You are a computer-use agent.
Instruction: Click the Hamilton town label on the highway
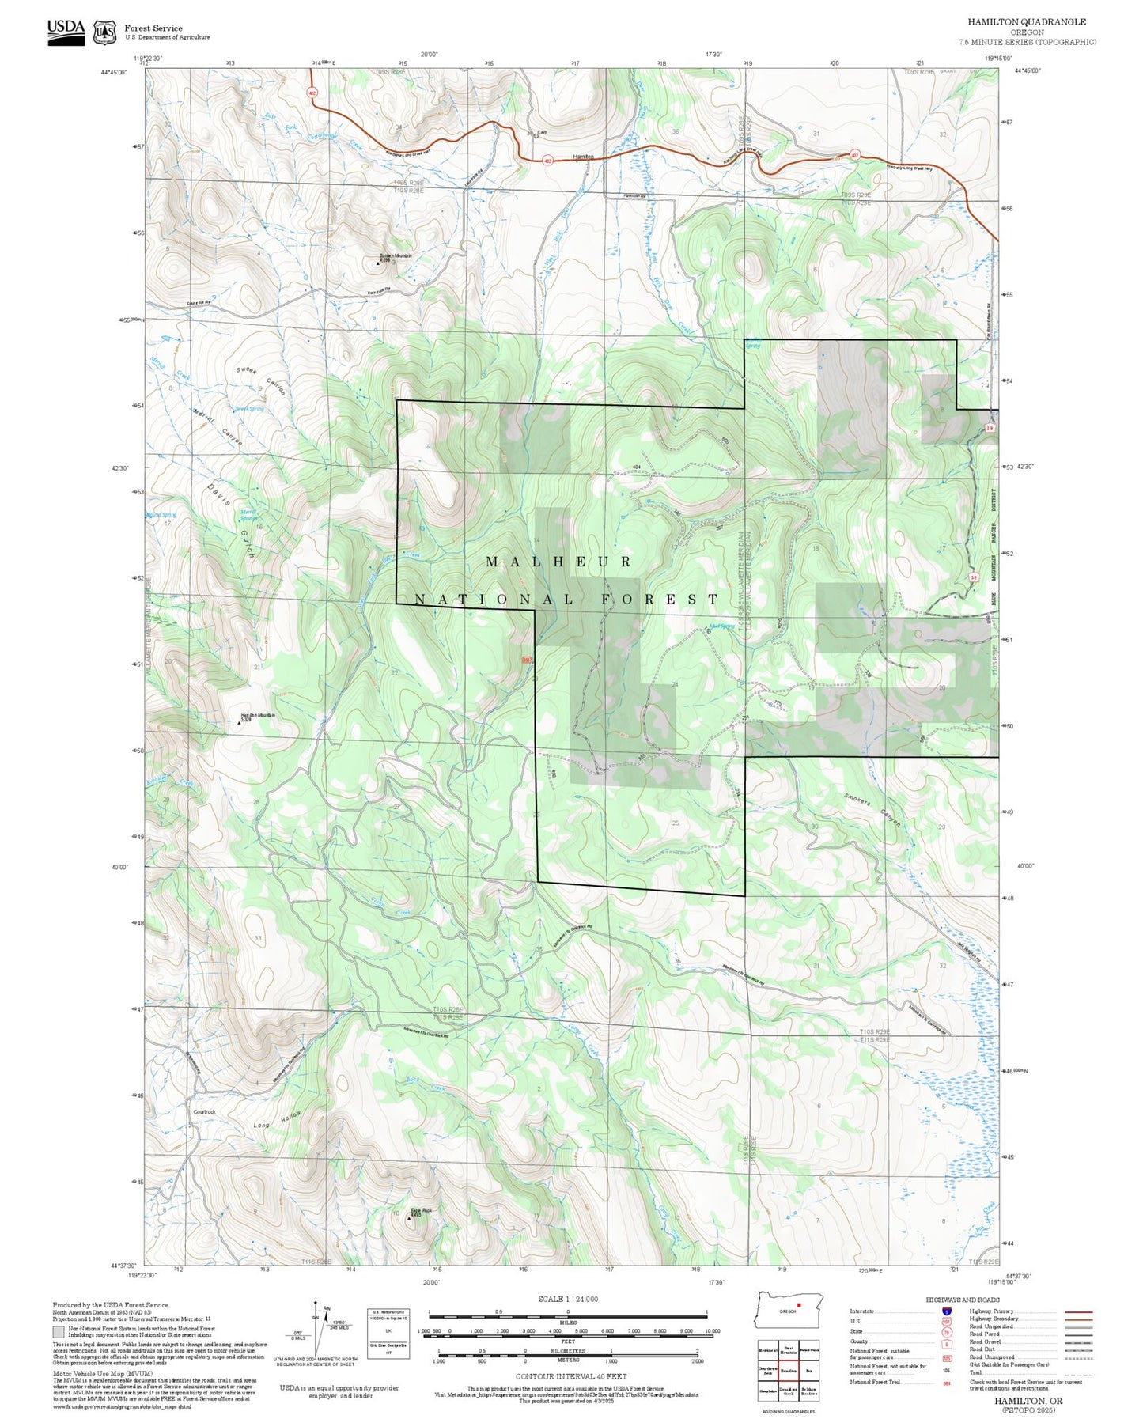tap(583, 157)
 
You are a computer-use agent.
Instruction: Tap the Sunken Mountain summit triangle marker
tap(378, 263)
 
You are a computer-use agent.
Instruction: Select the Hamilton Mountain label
tap(258, 716)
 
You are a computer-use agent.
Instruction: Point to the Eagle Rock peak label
tap(421, 1211)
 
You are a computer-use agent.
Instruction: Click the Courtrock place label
tap(204, 1111)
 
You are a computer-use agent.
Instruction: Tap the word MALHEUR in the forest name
tap(558, 562)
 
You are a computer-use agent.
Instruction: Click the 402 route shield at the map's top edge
tap(312, 93)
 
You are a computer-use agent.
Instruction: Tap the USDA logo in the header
tap(66, 32)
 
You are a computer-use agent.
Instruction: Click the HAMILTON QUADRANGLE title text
tap(1026, 22)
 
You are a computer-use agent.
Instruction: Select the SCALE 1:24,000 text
tap(567, 1299)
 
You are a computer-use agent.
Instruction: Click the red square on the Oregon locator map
tap(800, 1304)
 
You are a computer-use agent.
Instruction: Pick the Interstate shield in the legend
tap(946, 1311)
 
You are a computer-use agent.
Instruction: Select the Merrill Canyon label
tap(217, 426)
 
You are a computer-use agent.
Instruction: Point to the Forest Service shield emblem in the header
tap(104, 32)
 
